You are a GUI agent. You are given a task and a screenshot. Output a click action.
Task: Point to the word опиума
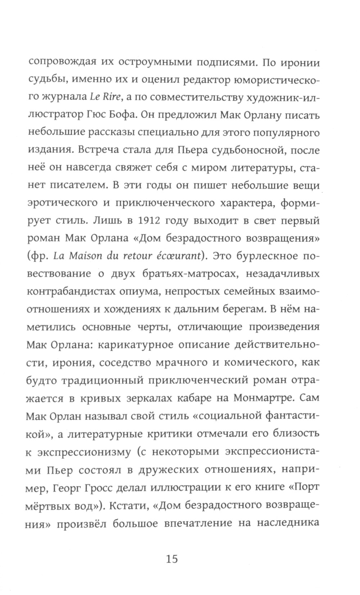pos(144,291)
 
